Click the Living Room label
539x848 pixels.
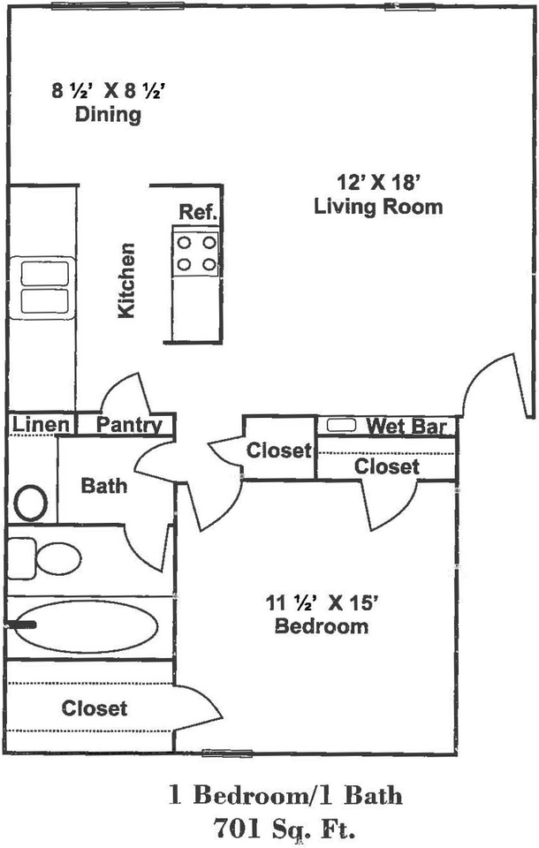(378, 207)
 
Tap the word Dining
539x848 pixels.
(108, 115)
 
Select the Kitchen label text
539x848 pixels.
(126, 281)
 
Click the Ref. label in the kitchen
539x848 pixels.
(199, 212)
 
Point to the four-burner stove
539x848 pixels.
(195, 254)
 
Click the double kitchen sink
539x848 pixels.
(42, 288)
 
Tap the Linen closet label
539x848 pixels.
(42, 425)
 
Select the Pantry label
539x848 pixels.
(129, 425)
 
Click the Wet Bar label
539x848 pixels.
(406, 426)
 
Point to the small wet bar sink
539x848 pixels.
(341, 425)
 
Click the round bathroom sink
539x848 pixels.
(30, 503)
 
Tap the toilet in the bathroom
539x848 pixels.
(44, 558)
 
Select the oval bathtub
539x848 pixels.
(87, 626)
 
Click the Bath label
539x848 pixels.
(104, 486)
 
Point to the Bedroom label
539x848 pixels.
(322, 625)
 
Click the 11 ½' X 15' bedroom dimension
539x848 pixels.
(321, 602)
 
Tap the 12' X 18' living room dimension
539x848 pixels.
(379, 182)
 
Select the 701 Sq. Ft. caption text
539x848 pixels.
(285, 827)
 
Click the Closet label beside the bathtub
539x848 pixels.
(95, 708)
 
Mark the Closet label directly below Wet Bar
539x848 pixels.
(386, 466)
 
